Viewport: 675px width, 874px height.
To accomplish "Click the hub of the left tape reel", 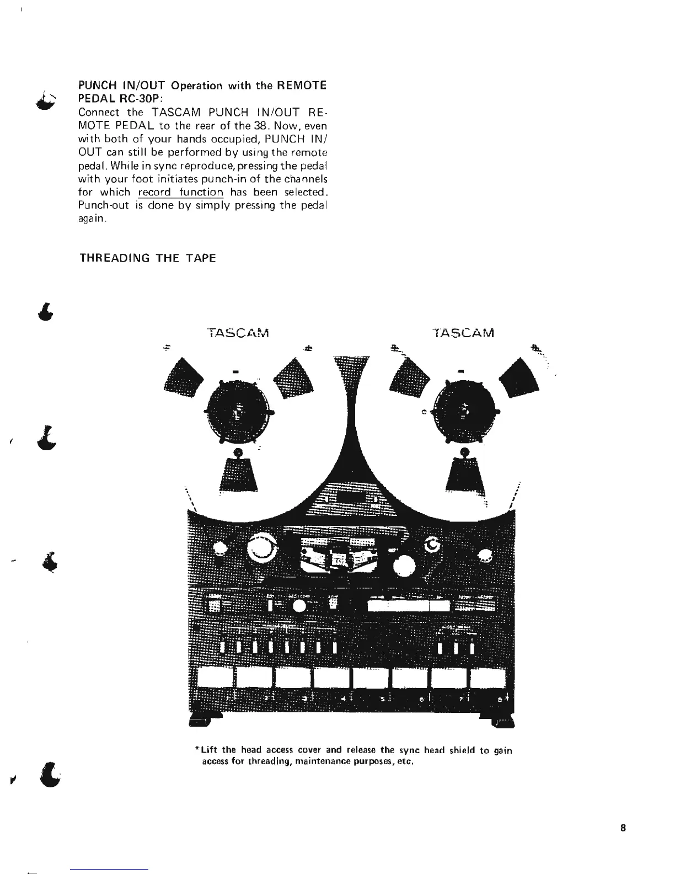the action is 238,412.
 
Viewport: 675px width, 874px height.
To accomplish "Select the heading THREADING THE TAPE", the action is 148,258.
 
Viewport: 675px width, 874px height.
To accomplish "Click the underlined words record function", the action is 180,193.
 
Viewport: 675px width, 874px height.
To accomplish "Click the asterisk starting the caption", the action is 197,750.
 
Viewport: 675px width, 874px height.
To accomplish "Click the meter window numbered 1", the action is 215,678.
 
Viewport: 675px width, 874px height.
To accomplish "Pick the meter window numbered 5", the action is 371,678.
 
